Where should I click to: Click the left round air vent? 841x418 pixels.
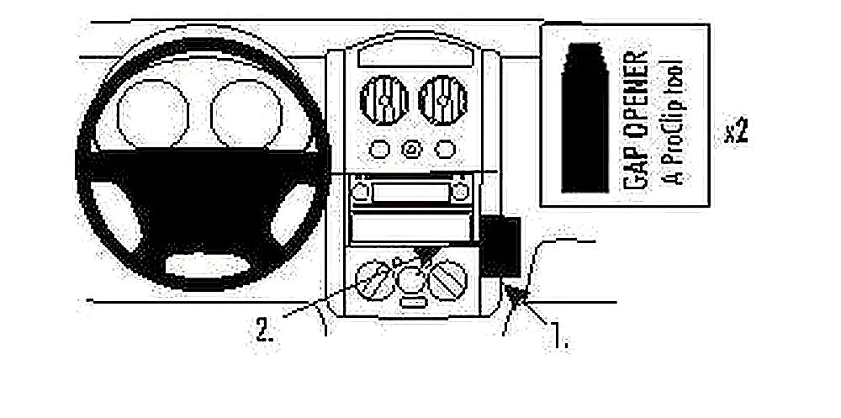(384, 100)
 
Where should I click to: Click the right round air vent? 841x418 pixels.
(442, 100)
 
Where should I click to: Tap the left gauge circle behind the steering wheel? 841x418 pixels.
(153, 114)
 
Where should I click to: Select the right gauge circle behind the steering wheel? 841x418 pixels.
(246, 114)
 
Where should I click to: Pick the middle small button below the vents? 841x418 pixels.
(412, 149)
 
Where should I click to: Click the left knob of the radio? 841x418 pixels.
(361, 191)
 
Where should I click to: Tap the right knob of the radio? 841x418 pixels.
(460, 191)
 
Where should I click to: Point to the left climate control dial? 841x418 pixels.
(375, 280)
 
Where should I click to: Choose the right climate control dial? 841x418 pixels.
(448, 280)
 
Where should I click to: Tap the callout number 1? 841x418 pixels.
(558, 339)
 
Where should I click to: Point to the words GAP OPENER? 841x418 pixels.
(636, 120)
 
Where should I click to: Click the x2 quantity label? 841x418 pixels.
(736, 132)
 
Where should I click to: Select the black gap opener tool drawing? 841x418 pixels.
(584, 117)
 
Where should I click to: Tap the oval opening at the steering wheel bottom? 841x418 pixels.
(207, 265)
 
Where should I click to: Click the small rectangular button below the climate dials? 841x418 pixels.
(413, 303)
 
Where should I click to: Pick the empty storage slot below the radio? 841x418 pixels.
(410, 227)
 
